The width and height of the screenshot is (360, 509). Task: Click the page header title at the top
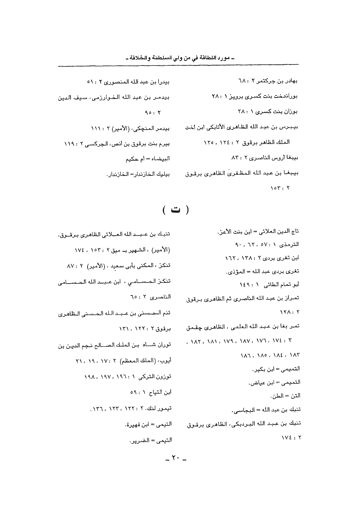click(x=180, y=59)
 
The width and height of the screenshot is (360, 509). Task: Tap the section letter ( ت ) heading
click(x=175, y=210)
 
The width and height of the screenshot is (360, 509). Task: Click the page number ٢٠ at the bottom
click(x=175, y=459)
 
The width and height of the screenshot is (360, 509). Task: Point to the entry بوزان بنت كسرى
click(x=267, y=111)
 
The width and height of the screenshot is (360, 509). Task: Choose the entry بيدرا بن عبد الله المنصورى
click(x=128, y=82)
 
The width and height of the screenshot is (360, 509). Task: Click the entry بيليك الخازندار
click(x=138, y=174)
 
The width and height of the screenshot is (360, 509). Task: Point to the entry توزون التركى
click(x=127, y=377)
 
